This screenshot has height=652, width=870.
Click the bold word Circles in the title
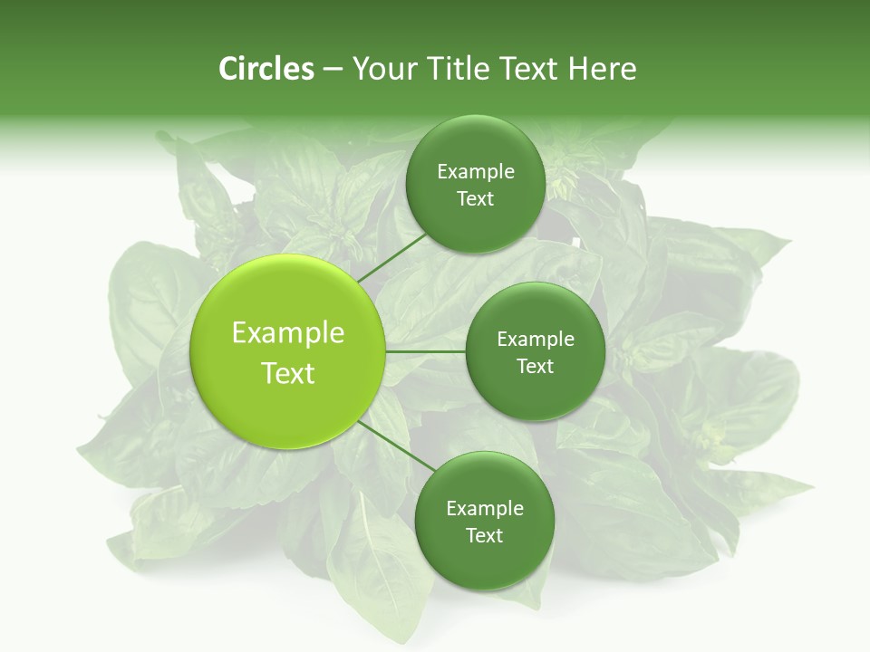266,69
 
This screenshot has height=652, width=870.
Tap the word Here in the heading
602,69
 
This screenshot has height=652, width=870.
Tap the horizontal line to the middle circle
425,350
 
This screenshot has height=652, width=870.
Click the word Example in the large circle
288,333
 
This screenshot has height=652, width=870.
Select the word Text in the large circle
288,373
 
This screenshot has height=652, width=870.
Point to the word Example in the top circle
476,172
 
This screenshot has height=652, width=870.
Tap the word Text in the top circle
475,199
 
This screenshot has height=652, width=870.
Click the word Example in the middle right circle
536,340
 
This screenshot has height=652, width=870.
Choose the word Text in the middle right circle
535,366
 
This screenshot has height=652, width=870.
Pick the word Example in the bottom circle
485,509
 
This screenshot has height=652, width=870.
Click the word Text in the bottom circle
484,535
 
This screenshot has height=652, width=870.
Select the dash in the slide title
332,70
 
